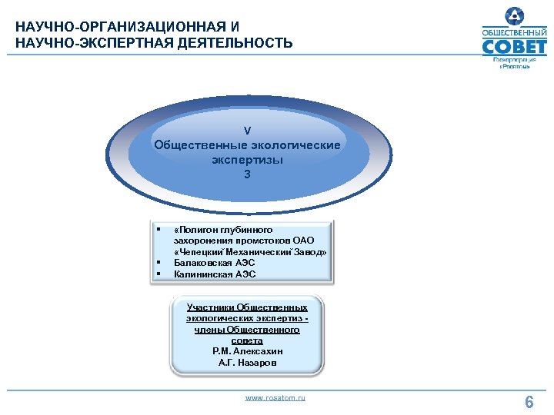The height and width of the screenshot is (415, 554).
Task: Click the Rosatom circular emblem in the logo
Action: click(x=513, y=16)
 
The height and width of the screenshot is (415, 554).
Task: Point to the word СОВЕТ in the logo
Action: click(x=514, y=47)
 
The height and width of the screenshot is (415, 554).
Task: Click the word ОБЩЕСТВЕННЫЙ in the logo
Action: click(x=514, y=33)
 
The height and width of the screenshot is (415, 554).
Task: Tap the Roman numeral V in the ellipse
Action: click(x=247, y=130)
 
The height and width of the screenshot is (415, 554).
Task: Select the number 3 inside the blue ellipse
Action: click(x=247, y=174)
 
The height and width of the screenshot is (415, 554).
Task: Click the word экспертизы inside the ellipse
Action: click(x=247, y=160)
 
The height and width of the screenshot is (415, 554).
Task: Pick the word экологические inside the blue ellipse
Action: click(x=293, y=144)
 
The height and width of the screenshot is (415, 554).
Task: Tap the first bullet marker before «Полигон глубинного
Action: click(x=157, y=228)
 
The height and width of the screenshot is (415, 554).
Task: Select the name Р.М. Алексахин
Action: click(x=247, y=350)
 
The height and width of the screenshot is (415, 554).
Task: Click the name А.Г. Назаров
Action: click(x=247, y=362)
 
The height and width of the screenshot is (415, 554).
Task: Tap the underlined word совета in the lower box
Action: click(x=247, y=340)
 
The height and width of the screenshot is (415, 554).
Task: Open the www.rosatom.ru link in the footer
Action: click(x=275, y=397)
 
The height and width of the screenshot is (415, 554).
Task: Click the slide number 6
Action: click(x=529, y=402)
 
